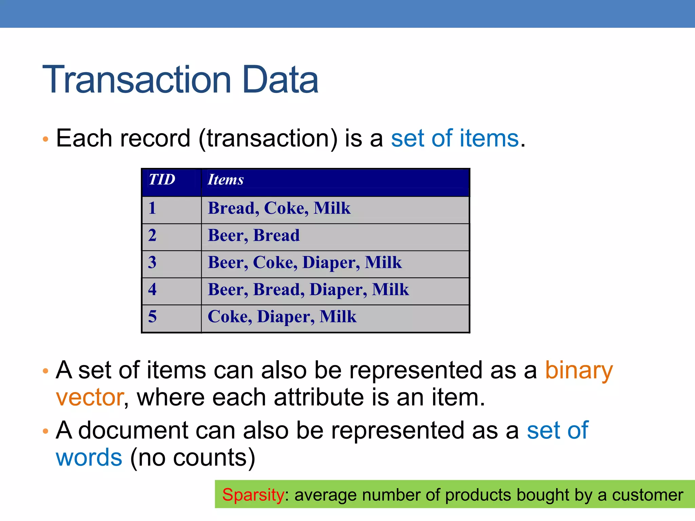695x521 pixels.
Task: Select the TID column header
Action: tap(162, 179)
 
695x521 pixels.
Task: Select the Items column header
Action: tap(226, 180)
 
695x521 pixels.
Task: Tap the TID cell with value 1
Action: tap(152, 208)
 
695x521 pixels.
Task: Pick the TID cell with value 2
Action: tap(152, 235)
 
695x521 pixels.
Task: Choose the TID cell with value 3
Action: tap(152, 262)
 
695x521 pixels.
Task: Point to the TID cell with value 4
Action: tap(152, 289)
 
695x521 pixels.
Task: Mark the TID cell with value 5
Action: tap(152, 316)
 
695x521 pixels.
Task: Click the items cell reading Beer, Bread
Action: tap(254, 235)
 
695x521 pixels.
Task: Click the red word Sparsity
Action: tap(253, 495)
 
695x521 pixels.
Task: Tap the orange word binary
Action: tap(579, 370)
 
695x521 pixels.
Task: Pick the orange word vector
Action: tap(90, 397)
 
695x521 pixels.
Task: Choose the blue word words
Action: tap(89, 458)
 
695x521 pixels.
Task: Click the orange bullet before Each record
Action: tap(46, 139)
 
